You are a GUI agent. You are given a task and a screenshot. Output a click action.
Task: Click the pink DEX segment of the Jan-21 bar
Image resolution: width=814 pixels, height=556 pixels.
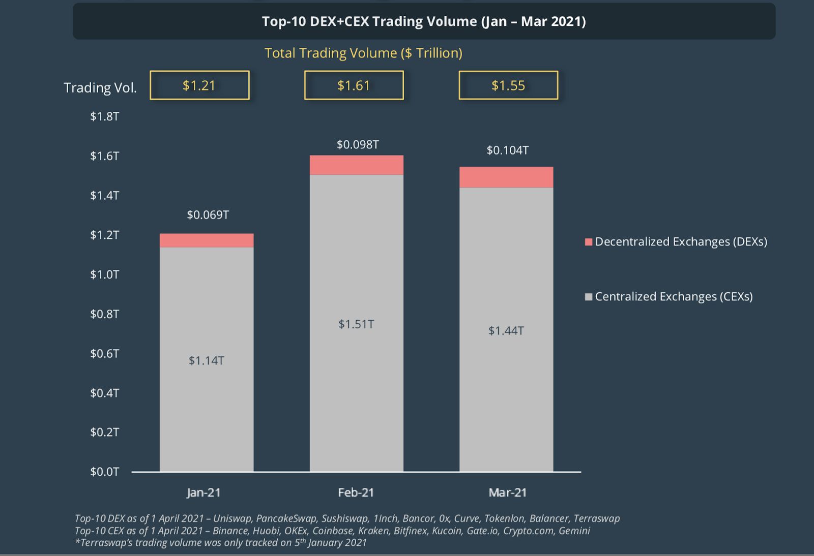(x=207, y=240)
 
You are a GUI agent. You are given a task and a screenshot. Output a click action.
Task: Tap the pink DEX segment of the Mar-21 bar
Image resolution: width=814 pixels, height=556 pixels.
(x=506, y=177)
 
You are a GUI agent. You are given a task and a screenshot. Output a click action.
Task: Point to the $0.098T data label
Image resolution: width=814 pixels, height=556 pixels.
(x=358, y=145)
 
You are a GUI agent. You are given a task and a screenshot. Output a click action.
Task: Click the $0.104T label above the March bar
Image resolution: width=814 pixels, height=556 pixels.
(x=507, y=150)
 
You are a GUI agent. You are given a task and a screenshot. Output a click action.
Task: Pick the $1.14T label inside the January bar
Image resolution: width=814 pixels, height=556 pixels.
(x=206, y=360)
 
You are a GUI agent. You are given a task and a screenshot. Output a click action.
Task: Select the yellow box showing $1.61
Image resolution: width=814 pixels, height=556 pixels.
(x=354, y=85)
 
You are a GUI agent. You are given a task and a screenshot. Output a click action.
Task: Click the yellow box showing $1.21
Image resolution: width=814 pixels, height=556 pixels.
(x=199, y=85)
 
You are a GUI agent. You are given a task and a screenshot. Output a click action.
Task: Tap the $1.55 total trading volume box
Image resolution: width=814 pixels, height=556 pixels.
(x=508, y=85)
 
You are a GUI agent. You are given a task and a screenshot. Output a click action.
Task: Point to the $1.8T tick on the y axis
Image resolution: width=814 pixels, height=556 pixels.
(x=104, y=116)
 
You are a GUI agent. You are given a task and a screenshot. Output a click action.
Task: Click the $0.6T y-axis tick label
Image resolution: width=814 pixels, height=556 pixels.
(x=104, y=353)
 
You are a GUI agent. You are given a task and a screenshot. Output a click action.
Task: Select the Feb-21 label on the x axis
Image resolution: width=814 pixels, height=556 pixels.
(x=356, y=492)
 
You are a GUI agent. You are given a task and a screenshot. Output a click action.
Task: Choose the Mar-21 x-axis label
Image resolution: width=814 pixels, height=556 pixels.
(x=507, y=492)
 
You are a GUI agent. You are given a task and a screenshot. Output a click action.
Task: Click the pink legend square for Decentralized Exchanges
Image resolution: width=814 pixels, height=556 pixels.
(x=589, y=242)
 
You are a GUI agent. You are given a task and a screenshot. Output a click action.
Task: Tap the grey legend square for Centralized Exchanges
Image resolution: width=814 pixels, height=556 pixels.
(x=589, y=297)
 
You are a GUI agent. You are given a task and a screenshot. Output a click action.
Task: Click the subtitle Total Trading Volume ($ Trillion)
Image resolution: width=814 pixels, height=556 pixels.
(x=363, y=53)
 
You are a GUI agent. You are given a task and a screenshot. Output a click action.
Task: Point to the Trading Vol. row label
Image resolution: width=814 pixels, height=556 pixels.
(x=100, y=88)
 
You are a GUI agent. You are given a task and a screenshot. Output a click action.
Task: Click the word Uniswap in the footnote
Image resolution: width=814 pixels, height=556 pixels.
(x=232, y=518)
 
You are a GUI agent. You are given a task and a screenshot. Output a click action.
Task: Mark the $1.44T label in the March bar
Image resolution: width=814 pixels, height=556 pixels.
(x=506, y=331)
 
